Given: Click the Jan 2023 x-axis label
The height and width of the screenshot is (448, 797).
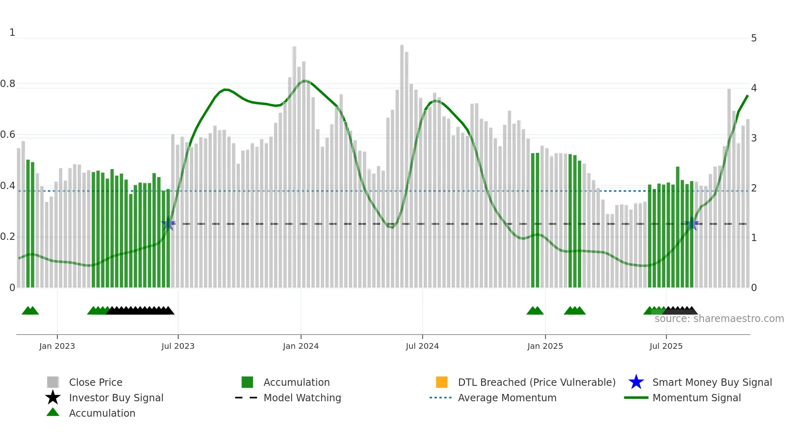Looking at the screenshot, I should tap(57, 346).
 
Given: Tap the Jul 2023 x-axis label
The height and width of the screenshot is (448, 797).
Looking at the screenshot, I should tap(178, 346).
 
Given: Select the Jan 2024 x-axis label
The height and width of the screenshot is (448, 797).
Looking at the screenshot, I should tap(301, 346).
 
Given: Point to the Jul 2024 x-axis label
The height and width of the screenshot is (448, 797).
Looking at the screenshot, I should tap(422, 346).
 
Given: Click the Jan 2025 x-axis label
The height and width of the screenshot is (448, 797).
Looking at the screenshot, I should tap(545, 346).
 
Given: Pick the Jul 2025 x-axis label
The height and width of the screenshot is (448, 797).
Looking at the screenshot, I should tap(666, 346).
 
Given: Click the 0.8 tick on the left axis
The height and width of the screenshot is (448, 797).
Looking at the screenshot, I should tap(8, 84).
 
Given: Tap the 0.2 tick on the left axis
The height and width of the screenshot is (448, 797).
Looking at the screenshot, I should tap(8, 237).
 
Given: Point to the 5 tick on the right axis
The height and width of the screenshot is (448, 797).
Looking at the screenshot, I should tap(753, 38).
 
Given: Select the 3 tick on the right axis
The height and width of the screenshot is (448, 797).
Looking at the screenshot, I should tap(753, 138).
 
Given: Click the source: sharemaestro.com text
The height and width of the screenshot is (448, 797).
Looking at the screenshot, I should tap(719, 319).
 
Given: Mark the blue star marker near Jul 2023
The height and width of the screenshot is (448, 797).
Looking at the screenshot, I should tap(168, 224).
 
